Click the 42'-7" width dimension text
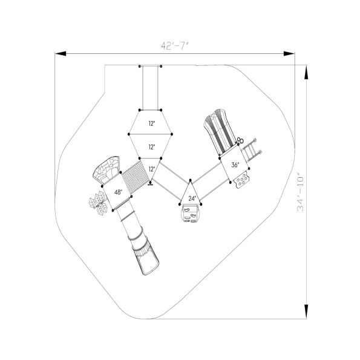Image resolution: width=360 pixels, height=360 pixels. [x=175, y=46]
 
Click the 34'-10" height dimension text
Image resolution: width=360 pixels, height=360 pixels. [x=301, y=192]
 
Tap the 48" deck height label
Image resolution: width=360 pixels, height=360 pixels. [x=117, y=192]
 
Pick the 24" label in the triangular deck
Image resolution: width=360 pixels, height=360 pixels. [x=191, y=198]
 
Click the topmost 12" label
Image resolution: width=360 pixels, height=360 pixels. [x=151, y=123]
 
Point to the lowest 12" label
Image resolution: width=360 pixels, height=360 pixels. [x=151, y=169]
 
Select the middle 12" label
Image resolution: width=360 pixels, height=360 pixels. [x=151, y=146]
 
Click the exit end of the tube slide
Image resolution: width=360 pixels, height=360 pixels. [x=149, y=264]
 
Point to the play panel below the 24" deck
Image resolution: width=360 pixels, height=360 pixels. [x=190, y=214]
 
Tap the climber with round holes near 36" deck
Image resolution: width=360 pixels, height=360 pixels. [x=242, y=180]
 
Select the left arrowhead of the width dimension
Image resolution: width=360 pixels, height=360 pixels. [x=61, y=54]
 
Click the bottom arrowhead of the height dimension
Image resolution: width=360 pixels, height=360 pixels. [x=307, y=312]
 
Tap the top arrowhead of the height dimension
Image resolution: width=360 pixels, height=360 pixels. [x=307, y=71]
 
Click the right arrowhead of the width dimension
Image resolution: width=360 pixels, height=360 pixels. [x=290, y=54]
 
